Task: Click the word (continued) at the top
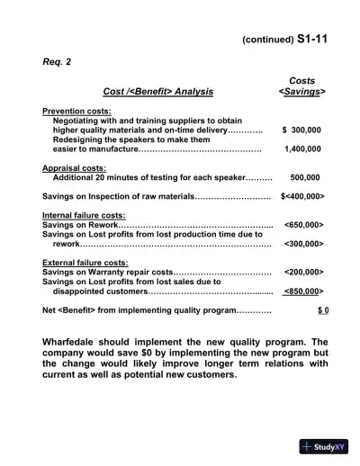click(x=267, y=40)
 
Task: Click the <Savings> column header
click(x=301, y=91)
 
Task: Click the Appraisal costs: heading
click(x=76, y=168)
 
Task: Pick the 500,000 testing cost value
click(x=305, y=178)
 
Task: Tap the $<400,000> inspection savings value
click(x=301, y=196)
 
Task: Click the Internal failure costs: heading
click(x=84, y=216)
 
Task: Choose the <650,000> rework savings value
click(x=303, y=225)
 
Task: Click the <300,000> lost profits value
click(x=303, y=244)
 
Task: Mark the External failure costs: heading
click(x=85, y=263)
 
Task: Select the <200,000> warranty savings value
click(x=303, y=272)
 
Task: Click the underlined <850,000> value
click(x=303, y=291)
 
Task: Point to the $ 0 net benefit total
click(x=322, y=310)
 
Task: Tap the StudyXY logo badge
click(x=324, y=447)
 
